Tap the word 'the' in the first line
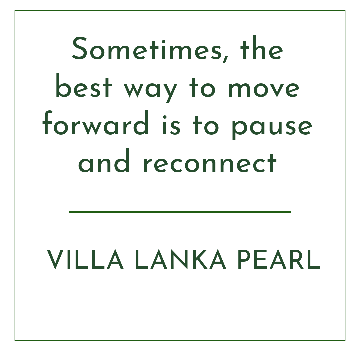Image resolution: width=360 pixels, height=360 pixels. click(262, 48)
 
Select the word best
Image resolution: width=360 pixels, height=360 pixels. click(84, 85)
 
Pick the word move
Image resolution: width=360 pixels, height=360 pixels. click(264, 88)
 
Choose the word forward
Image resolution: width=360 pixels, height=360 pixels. click(96, 123)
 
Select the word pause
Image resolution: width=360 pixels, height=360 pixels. click(272, 128)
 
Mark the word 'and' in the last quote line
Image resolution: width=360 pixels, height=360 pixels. click(104, 160)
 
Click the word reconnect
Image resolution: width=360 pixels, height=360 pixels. click(210, 163)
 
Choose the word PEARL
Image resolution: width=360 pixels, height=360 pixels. click(279, 259)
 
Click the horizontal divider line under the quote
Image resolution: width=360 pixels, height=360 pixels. click(180, 212)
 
